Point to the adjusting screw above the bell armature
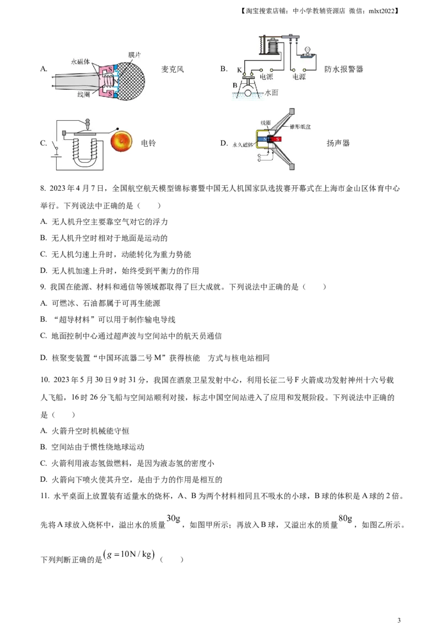87,120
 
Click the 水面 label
272,93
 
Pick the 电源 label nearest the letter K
266,77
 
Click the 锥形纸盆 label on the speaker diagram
298,126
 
